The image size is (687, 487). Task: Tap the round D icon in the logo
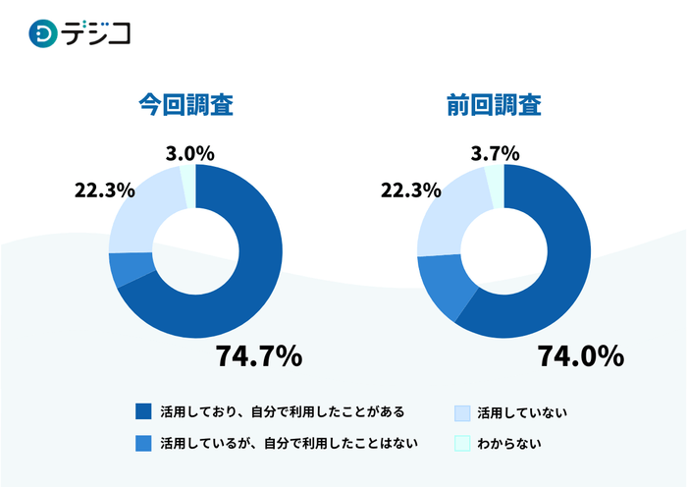coord(44,33)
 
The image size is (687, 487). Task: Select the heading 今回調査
coord(185,105)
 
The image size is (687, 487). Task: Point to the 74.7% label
coord(258,357)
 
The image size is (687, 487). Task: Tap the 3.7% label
coord(497,153)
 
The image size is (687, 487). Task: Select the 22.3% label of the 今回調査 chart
coord(104,190)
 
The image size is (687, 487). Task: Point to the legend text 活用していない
coord(522,411)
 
